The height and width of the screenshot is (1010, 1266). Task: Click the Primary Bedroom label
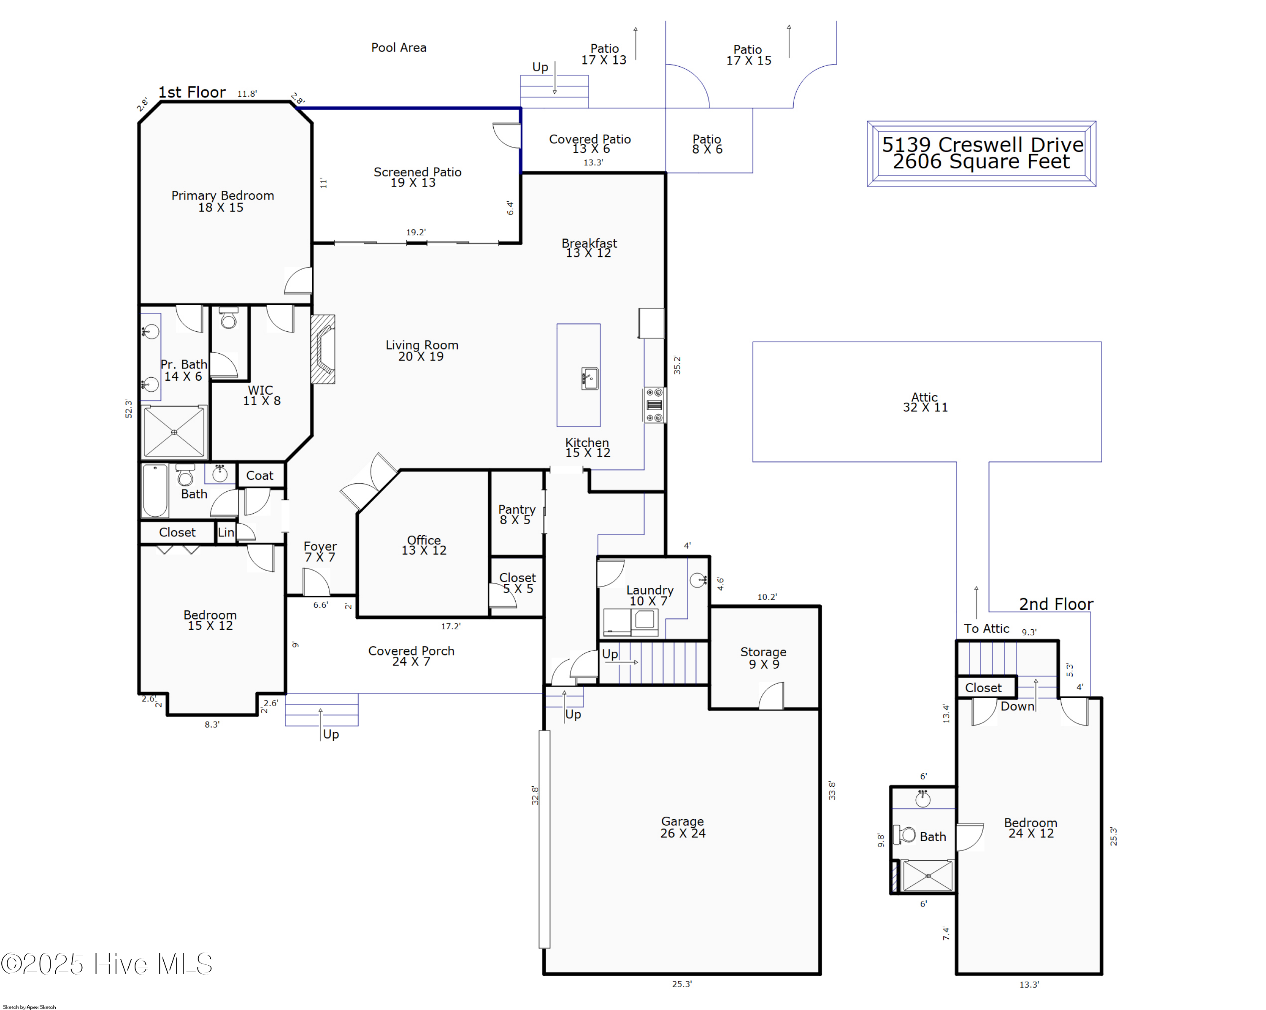[x=222, y=201]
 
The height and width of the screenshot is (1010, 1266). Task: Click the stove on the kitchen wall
[x=654, y=405]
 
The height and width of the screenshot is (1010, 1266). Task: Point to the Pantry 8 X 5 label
[x=516, y=514]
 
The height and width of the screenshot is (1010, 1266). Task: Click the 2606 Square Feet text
[x=981, y=162]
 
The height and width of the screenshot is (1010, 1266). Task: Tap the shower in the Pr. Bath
[x=174, y=432]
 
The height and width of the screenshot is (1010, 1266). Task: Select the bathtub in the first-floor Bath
[x=155, y=490]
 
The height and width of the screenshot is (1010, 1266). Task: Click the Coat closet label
[x=260, y=476]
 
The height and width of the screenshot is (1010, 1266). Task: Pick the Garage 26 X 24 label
[x=682, y=827]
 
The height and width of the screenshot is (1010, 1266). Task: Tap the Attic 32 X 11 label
[x=925, y=402]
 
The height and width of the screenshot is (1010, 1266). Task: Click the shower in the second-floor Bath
[x=927, y=875]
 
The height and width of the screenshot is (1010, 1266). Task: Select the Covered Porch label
[x=411, y=655]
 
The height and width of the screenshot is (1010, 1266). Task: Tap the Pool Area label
[x=399, y=48]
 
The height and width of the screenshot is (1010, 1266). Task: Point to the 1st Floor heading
[x=192, y=92]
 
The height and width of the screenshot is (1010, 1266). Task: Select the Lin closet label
[x=226, y=532]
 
